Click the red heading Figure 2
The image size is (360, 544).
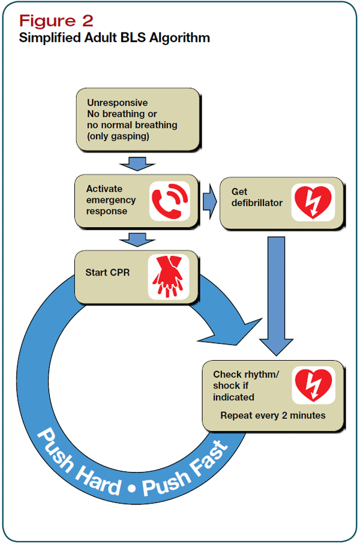(x=56, y=20)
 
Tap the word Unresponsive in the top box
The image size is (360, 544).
(x=117, y=103)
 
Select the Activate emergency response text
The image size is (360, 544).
(x=111, y=200)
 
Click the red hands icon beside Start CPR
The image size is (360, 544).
(x=169, y=277)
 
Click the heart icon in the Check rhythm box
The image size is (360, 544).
(x=313, y=385)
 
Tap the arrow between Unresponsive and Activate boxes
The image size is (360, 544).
(x=137, y=163)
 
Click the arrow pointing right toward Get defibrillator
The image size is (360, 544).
(x=209, y=202)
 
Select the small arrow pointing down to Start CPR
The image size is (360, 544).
(x=137, y=240)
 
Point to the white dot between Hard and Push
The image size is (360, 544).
(x=131, y=489)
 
